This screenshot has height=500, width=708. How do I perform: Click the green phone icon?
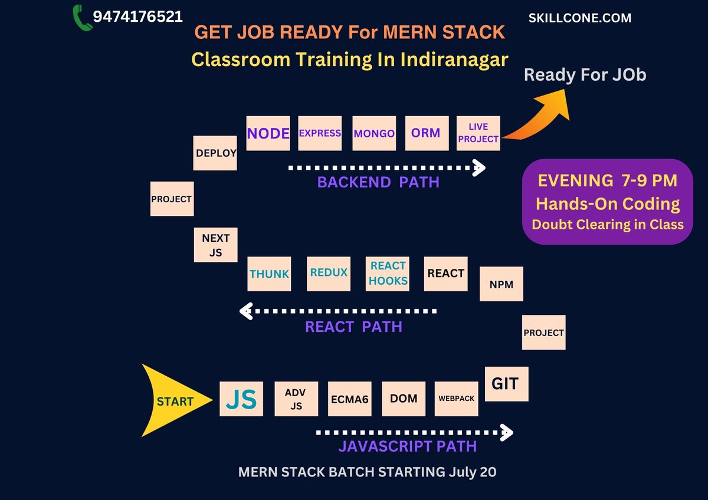(x=83, y=18)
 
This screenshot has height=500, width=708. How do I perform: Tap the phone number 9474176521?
(x=137, y=17)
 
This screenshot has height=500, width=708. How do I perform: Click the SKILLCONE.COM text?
(x=580, y=18)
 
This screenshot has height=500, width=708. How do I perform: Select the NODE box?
(x=268, y=133)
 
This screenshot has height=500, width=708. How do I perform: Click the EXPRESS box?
(x=320, y=133)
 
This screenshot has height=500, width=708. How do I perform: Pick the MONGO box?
(x=374, y=133)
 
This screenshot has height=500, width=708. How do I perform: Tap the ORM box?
(x=426, y=133)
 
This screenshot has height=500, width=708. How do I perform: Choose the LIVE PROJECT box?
(x=478, y=133)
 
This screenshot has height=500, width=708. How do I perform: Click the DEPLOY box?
(x=215, y=153)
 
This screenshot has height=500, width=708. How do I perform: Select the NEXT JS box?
(x=216, y=245)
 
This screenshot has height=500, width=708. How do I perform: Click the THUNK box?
(x=269, y=274)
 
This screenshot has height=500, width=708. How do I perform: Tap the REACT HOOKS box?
(x=388, y=274)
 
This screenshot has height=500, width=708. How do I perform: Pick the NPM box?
(x=501, y=284)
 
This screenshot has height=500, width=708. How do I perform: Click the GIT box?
(x=506, y=384)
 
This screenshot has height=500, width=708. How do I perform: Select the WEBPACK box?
(x=456, y=399)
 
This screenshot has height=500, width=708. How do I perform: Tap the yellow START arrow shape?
(x=171, y=401)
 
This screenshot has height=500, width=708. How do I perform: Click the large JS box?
(x=241, y=399)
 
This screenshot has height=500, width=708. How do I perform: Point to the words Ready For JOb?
(x=585, y=75)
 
